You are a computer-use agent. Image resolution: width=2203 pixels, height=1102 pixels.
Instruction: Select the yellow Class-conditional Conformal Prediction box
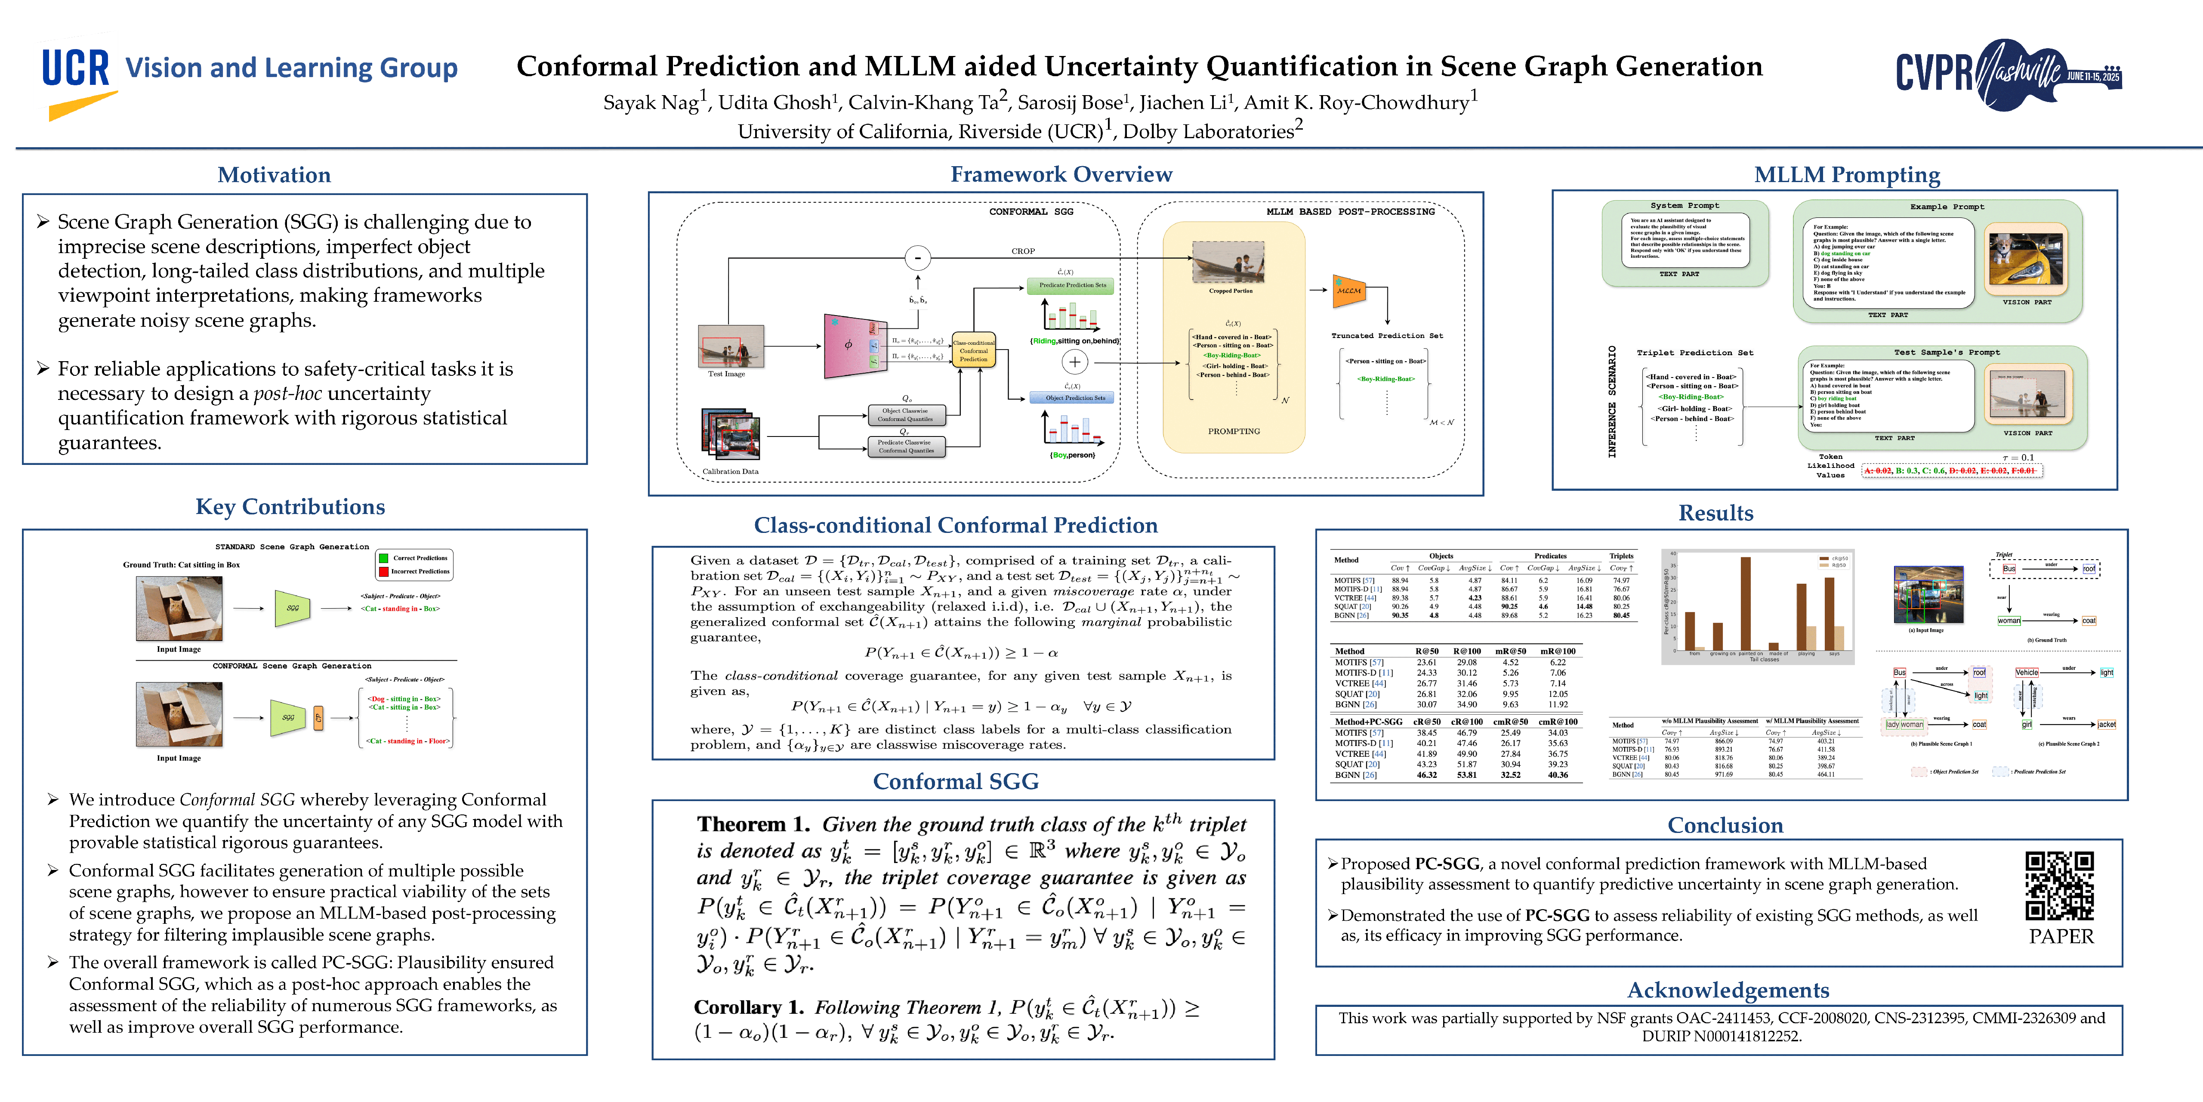[x=973, y=350]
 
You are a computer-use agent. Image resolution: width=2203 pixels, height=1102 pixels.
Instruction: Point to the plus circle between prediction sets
[x=1074, y=362]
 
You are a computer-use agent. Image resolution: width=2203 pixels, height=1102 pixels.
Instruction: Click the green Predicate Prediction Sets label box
[x=1071, y=286]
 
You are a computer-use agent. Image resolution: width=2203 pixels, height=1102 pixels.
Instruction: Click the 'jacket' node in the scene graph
[x=2106, y=724]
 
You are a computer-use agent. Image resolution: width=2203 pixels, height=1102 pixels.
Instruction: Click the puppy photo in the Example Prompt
[x=2025, y=258]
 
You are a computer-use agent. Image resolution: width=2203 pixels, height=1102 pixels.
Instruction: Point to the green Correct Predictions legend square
[x=384, y=558]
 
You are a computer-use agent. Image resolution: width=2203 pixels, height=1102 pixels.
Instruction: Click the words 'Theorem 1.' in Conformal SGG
[x=753, y=825]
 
